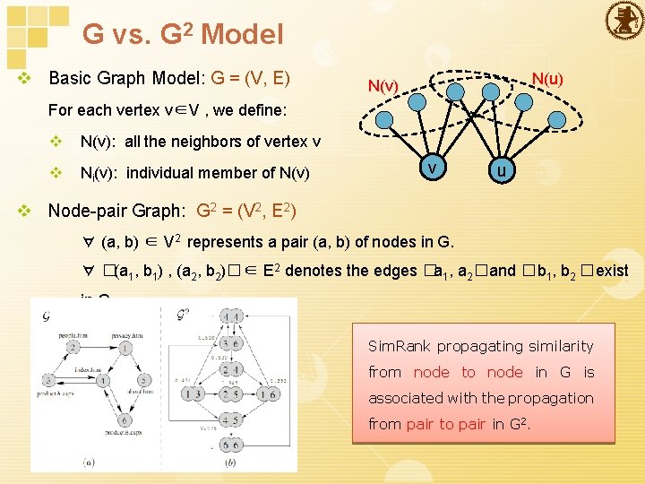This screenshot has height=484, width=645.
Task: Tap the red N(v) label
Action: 383,86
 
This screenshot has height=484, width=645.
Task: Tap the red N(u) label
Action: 546,79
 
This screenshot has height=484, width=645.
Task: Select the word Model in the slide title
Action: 243,35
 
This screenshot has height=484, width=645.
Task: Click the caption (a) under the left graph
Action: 90,462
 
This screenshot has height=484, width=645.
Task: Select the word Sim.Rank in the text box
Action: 400,346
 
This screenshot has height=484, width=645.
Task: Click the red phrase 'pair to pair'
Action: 446,424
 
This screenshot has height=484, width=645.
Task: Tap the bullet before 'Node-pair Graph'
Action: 26,212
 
